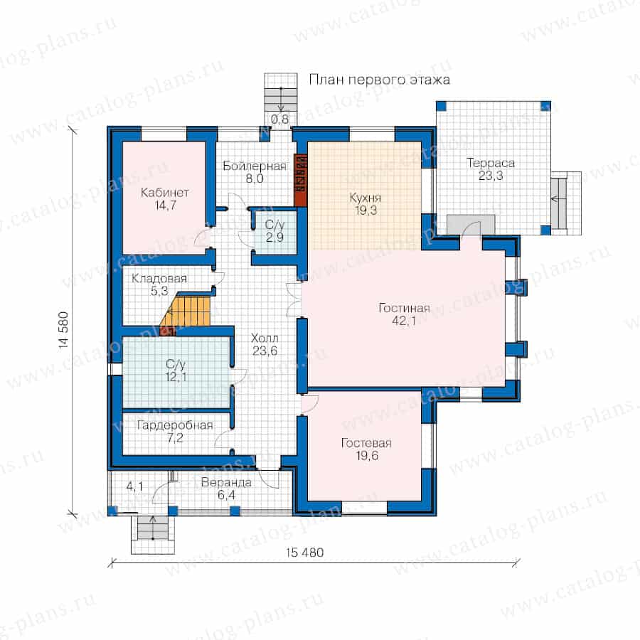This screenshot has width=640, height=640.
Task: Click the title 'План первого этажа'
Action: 379,80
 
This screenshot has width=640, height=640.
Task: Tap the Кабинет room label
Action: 164,192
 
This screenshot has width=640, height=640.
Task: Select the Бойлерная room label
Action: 255,166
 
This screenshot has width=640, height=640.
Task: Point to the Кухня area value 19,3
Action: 366,210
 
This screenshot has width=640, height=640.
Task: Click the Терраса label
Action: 491,163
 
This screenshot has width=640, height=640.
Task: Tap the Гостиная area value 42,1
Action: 404,321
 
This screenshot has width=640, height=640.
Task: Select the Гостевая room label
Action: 366,443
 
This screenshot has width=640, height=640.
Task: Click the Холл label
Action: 265,338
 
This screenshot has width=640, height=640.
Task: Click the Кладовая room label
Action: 159,278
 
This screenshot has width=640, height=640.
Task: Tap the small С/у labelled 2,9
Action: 274,231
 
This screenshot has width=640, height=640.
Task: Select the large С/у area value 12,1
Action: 176,376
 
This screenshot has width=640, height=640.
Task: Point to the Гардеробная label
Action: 175,425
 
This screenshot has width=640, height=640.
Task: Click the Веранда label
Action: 226,482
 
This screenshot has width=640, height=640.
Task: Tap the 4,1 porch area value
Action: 134,486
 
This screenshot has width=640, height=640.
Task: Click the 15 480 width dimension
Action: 304,553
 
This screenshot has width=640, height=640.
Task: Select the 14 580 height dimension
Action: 64,330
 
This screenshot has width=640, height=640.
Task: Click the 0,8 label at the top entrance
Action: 280,119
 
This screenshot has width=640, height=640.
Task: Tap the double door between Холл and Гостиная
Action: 294,299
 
